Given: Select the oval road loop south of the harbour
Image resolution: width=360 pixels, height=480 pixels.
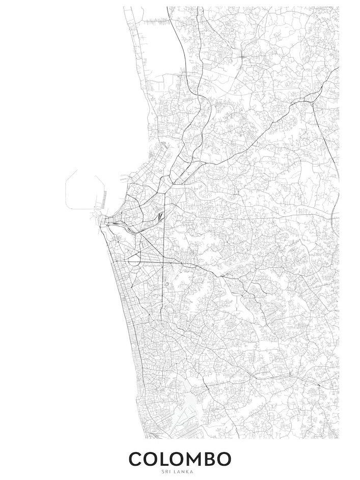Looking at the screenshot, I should (134, 260).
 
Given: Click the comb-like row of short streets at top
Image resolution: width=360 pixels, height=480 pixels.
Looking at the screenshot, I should (155, 22).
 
